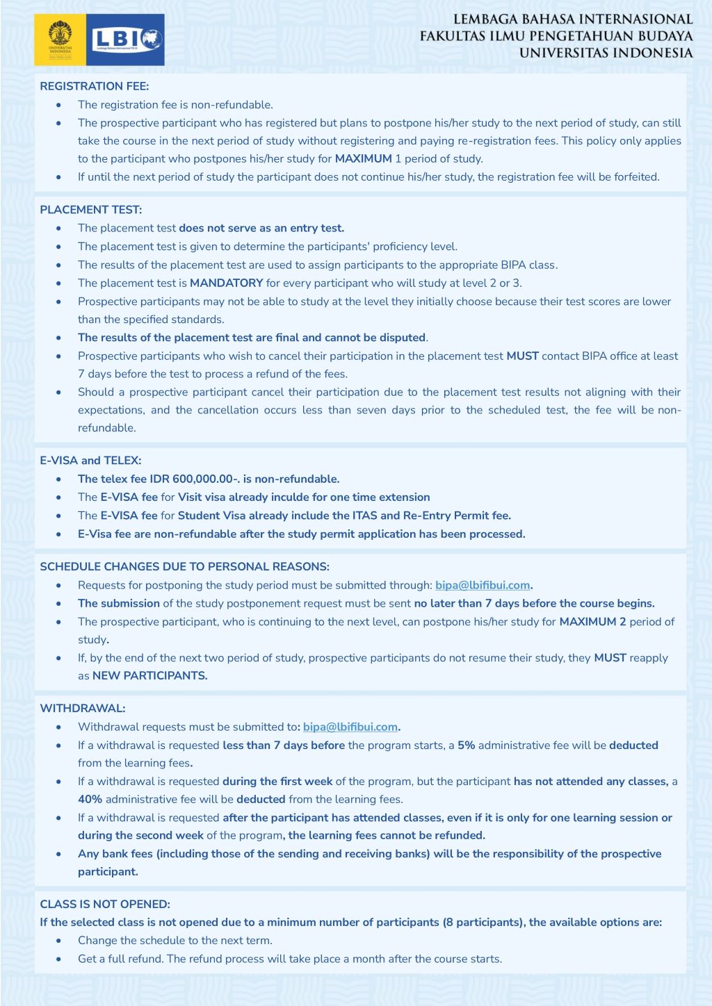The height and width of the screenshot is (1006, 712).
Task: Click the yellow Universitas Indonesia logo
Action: [x=60, y=40]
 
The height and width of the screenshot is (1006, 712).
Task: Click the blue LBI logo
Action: [x=126, y=40]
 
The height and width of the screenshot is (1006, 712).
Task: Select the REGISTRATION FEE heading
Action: [x=94, y=86]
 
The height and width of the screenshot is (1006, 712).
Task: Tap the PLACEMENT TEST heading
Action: [x=90, y=209]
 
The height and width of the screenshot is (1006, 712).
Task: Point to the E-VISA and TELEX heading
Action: [x=90, y=460]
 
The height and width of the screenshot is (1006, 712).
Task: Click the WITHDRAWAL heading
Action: [x=82, y=708]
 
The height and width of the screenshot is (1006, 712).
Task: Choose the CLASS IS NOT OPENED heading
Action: [x=104, y=904]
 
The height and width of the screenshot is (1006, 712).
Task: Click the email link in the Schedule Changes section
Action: [x=483, y=585]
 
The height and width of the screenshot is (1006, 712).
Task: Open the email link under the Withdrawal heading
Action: [x=350, y=727]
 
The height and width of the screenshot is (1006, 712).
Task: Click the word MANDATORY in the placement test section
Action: [x=226, y=283]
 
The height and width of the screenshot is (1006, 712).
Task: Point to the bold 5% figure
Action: [x=466, y=745]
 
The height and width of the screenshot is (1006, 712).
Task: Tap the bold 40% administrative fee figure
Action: [x=90, y=799]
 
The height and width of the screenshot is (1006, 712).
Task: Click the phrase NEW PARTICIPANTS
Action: [x=149, y=675]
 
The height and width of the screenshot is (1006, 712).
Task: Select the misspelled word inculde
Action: [x=321, y=497]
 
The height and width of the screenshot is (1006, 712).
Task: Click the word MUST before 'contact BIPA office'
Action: [x=522, y=356]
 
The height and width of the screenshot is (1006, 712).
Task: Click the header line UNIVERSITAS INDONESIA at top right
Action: [x=606, y=53]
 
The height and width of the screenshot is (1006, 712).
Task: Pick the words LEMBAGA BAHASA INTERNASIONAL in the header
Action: [x=573, y=19]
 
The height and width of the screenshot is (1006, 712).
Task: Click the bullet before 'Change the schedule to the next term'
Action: [x=59, y=941]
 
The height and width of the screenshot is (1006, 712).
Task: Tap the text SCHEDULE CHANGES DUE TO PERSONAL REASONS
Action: [x=184, y=566]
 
